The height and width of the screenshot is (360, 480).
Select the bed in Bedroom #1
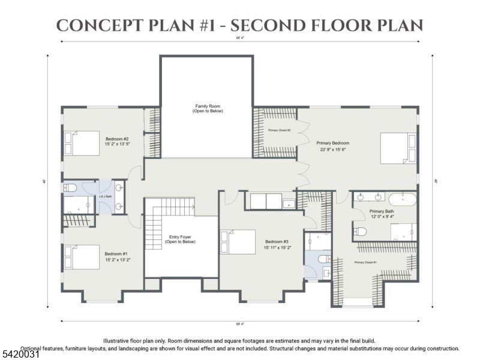[82, 257]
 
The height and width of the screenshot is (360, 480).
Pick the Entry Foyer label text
[181, 239]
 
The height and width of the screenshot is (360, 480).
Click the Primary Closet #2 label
[279, 130]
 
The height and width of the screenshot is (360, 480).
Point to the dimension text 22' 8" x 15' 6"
[333, 150]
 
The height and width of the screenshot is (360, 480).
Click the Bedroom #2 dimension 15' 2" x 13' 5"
[117, 144]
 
